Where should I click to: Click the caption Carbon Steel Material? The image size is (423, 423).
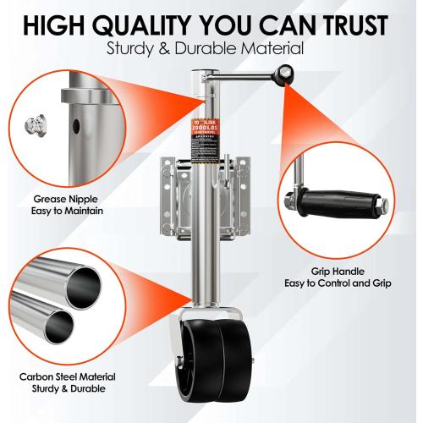(x=69, y=376)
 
